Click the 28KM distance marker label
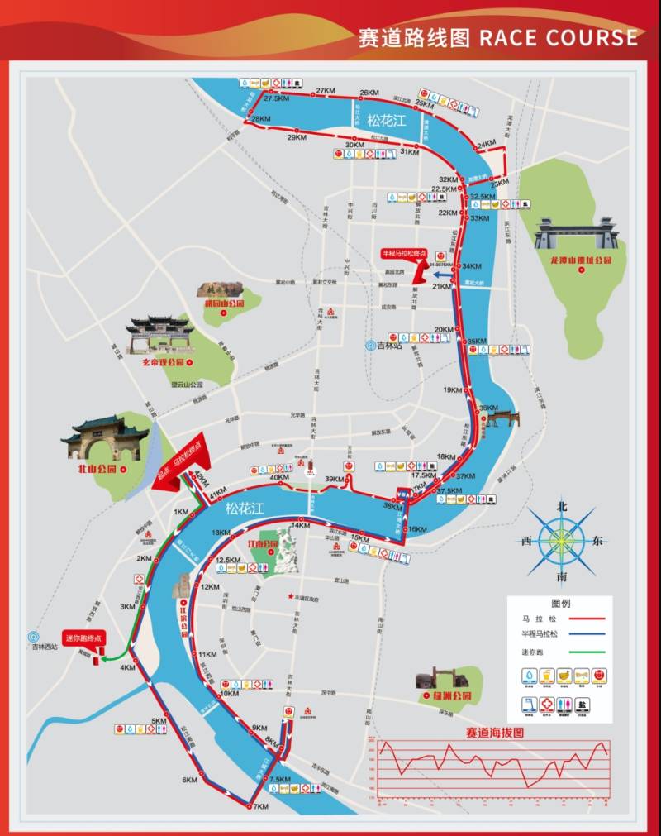point(261,119)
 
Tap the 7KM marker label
point(261,806)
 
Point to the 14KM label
point(300,526)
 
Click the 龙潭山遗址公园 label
point(582,260)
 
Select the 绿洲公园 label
point(452,696)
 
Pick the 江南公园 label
point(263,543)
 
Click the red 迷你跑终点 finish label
point(84,638)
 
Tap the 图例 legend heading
point(560,603)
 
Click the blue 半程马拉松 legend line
point(583,634)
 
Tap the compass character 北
point(563,506)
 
